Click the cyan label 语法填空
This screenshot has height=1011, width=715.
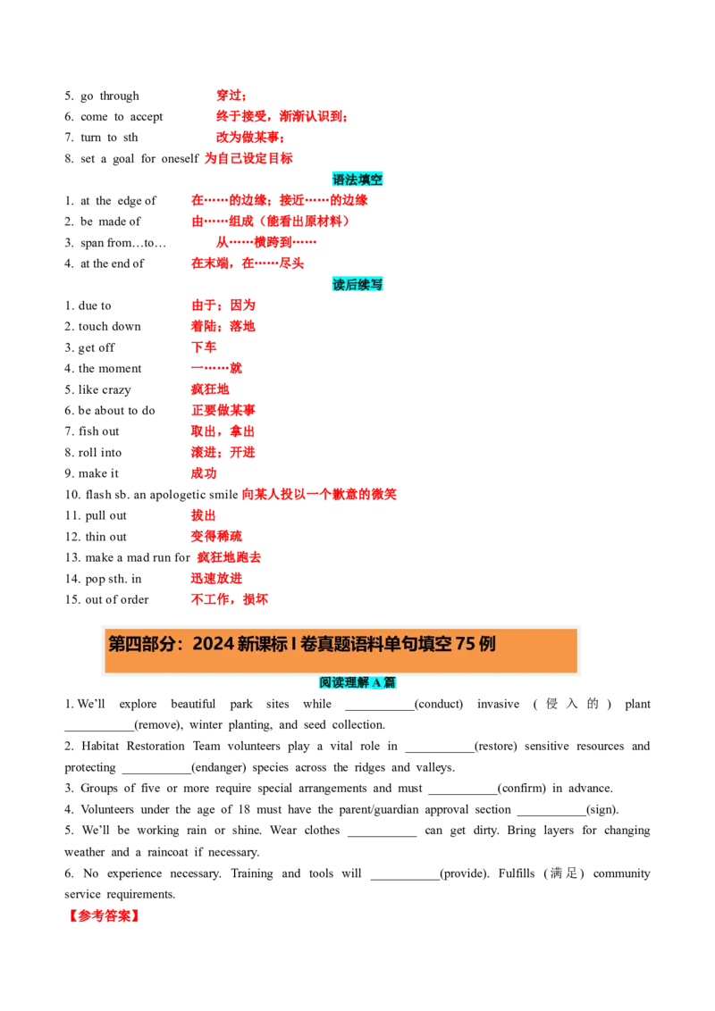(357, 180)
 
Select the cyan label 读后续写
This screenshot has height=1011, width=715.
(357, 284)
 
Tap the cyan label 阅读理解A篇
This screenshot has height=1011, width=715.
(357, 682)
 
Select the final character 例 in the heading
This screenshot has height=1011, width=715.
(487, 644)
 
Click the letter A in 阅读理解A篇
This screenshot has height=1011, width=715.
(376, 682)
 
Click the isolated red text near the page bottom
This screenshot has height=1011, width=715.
(105, 916)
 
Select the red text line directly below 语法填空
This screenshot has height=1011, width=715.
(279, 200)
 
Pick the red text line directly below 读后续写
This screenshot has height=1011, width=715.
(223, 305)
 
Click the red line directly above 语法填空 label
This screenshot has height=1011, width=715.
(248, 158)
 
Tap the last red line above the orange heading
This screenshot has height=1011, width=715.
(229, 599)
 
